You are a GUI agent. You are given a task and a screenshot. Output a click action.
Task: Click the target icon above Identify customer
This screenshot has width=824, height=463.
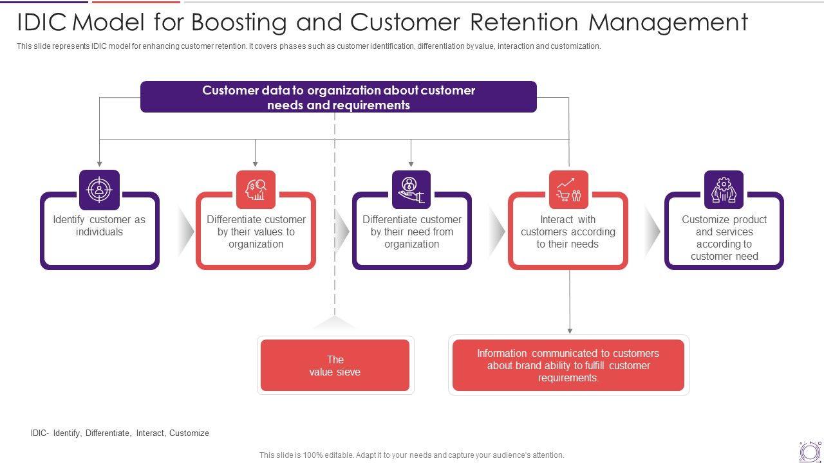[99, 190]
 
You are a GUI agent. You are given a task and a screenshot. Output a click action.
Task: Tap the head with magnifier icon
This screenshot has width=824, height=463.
[256, 190]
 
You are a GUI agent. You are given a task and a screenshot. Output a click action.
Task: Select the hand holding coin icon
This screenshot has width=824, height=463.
[411, 190]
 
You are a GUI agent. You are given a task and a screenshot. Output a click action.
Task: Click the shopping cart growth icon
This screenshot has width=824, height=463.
[568, 190]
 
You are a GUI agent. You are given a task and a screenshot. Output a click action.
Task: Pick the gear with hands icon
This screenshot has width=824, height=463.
[724, 190]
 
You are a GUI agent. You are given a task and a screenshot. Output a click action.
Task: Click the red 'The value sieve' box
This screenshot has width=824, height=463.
[335, 365]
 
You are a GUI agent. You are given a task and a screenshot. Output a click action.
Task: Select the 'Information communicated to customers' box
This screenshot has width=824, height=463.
[568, 365]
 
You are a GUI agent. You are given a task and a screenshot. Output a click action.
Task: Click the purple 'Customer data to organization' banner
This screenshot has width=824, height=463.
[339, 97]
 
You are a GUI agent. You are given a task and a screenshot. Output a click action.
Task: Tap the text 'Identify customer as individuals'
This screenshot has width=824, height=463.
[99, 226]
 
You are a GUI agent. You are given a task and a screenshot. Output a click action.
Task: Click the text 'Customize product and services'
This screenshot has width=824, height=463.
[724, 226]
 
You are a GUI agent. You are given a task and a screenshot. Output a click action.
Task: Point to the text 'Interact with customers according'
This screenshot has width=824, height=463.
[568, 226]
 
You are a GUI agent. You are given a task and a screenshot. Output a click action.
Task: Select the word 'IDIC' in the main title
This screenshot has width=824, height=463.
[42, 22]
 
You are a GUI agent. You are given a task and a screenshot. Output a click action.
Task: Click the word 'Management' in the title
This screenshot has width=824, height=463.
[668, 23]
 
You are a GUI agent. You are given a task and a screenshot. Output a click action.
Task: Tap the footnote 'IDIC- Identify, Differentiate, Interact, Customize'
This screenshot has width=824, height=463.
[120, 433]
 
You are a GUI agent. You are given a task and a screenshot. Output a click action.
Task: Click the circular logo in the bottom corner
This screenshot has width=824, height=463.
[810, 451]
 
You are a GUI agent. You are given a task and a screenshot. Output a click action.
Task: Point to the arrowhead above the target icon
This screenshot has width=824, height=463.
[99, 164]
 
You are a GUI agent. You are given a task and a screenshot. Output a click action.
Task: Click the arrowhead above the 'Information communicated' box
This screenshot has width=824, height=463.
[570, 331]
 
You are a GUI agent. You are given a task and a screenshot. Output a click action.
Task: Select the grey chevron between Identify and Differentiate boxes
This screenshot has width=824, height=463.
[186, 232]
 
